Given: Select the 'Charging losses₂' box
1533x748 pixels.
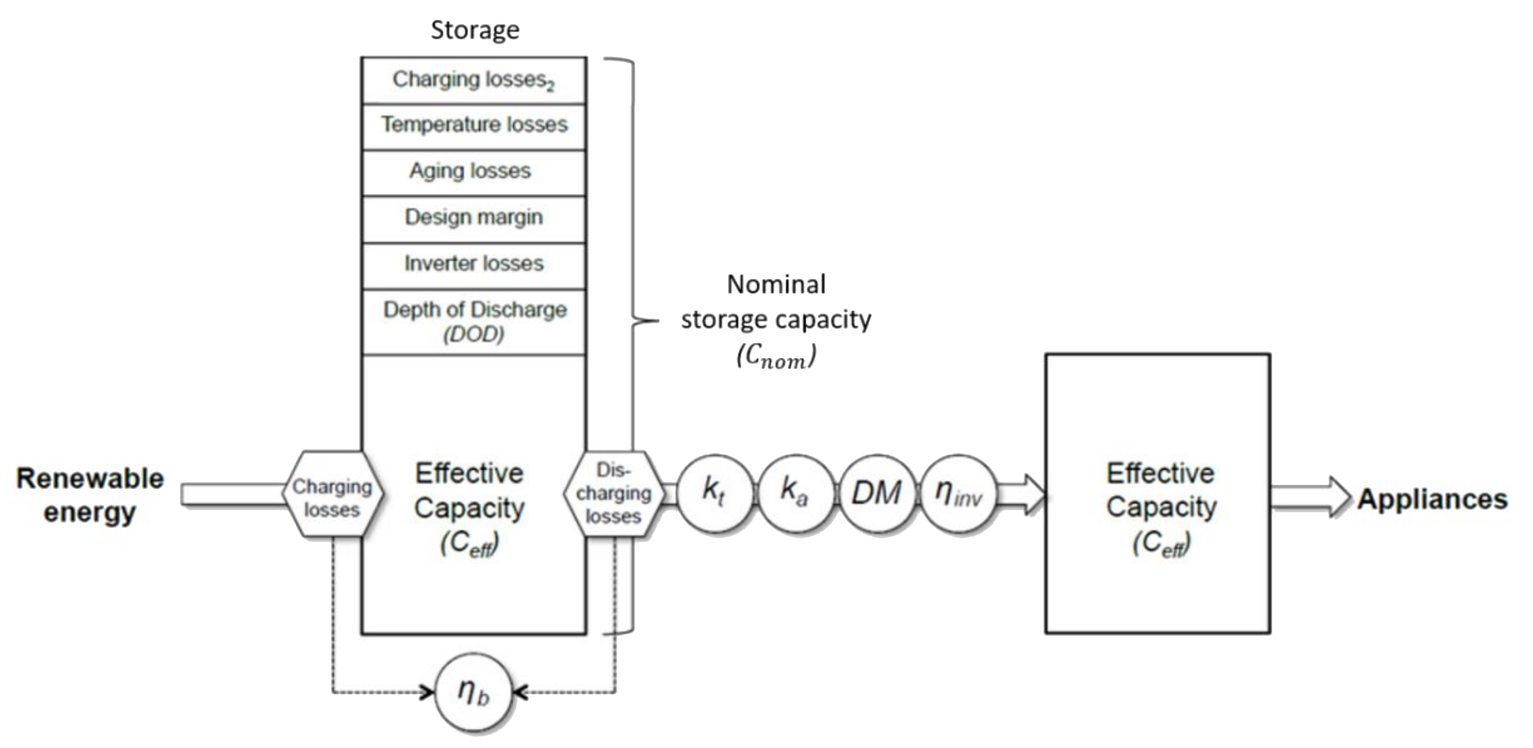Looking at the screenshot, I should tap(474, 80).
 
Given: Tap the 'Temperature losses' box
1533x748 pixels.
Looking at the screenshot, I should tap(474, 125).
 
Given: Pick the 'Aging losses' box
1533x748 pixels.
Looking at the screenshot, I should tap(474, 171).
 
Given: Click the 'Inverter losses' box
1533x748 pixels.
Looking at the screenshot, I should tap(474, 264).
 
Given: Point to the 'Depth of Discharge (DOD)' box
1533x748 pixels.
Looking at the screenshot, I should tap(474, 321).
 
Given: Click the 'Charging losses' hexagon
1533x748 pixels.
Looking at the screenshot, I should tap(332, 495).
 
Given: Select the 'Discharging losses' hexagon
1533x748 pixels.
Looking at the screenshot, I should tap(613, 494).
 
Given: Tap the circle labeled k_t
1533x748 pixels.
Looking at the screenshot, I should tap(714, 493).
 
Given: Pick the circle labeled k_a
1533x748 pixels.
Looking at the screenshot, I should tap(794, 493).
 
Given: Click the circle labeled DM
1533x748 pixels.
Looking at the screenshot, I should tap(876, 493).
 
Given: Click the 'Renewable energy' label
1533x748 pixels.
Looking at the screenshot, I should tap(90, 495).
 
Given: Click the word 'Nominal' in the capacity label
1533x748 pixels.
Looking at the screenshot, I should tap(776, 284).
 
